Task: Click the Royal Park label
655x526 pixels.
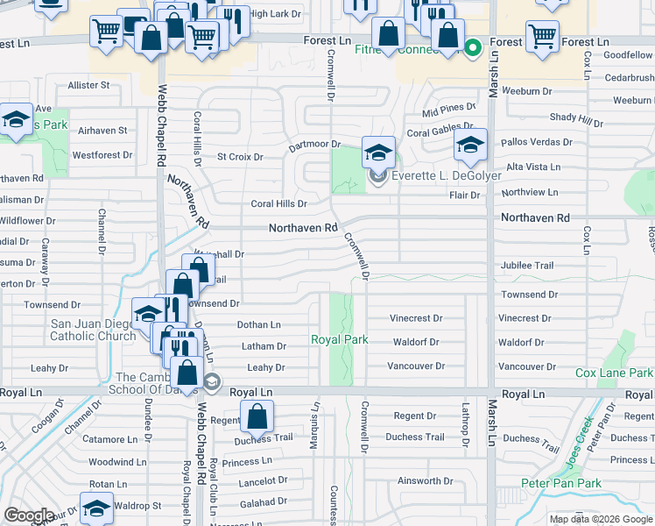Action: click(x=340, y=339)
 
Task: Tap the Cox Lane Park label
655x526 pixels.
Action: click(x=614, y=373)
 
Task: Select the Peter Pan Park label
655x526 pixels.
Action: click(x=573, y=483)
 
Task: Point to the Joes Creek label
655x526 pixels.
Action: click(x=580, y=441)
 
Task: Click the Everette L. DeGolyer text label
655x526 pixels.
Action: click(x=446, y=175)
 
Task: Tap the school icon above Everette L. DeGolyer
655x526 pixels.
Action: click(x=378, y=153)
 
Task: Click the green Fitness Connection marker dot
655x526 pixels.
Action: click(x=473, y=48)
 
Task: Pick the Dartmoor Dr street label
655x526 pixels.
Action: click(x=314, y=145)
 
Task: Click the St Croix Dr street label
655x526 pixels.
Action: click(x=240, y=157)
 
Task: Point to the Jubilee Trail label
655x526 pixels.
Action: click(x=527, y=266)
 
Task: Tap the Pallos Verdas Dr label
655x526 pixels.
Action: click(x=537, y=142)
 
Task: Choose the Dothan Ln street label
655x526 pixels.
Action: click(x=258, y=324)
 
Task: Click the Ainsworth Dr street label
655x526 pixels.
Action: click(x=425, y=480)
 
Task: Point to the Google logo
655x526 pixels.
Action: click(x=29, y=515)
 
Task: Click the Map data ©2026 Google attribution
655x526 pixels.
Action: click(x=601, y=519)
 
